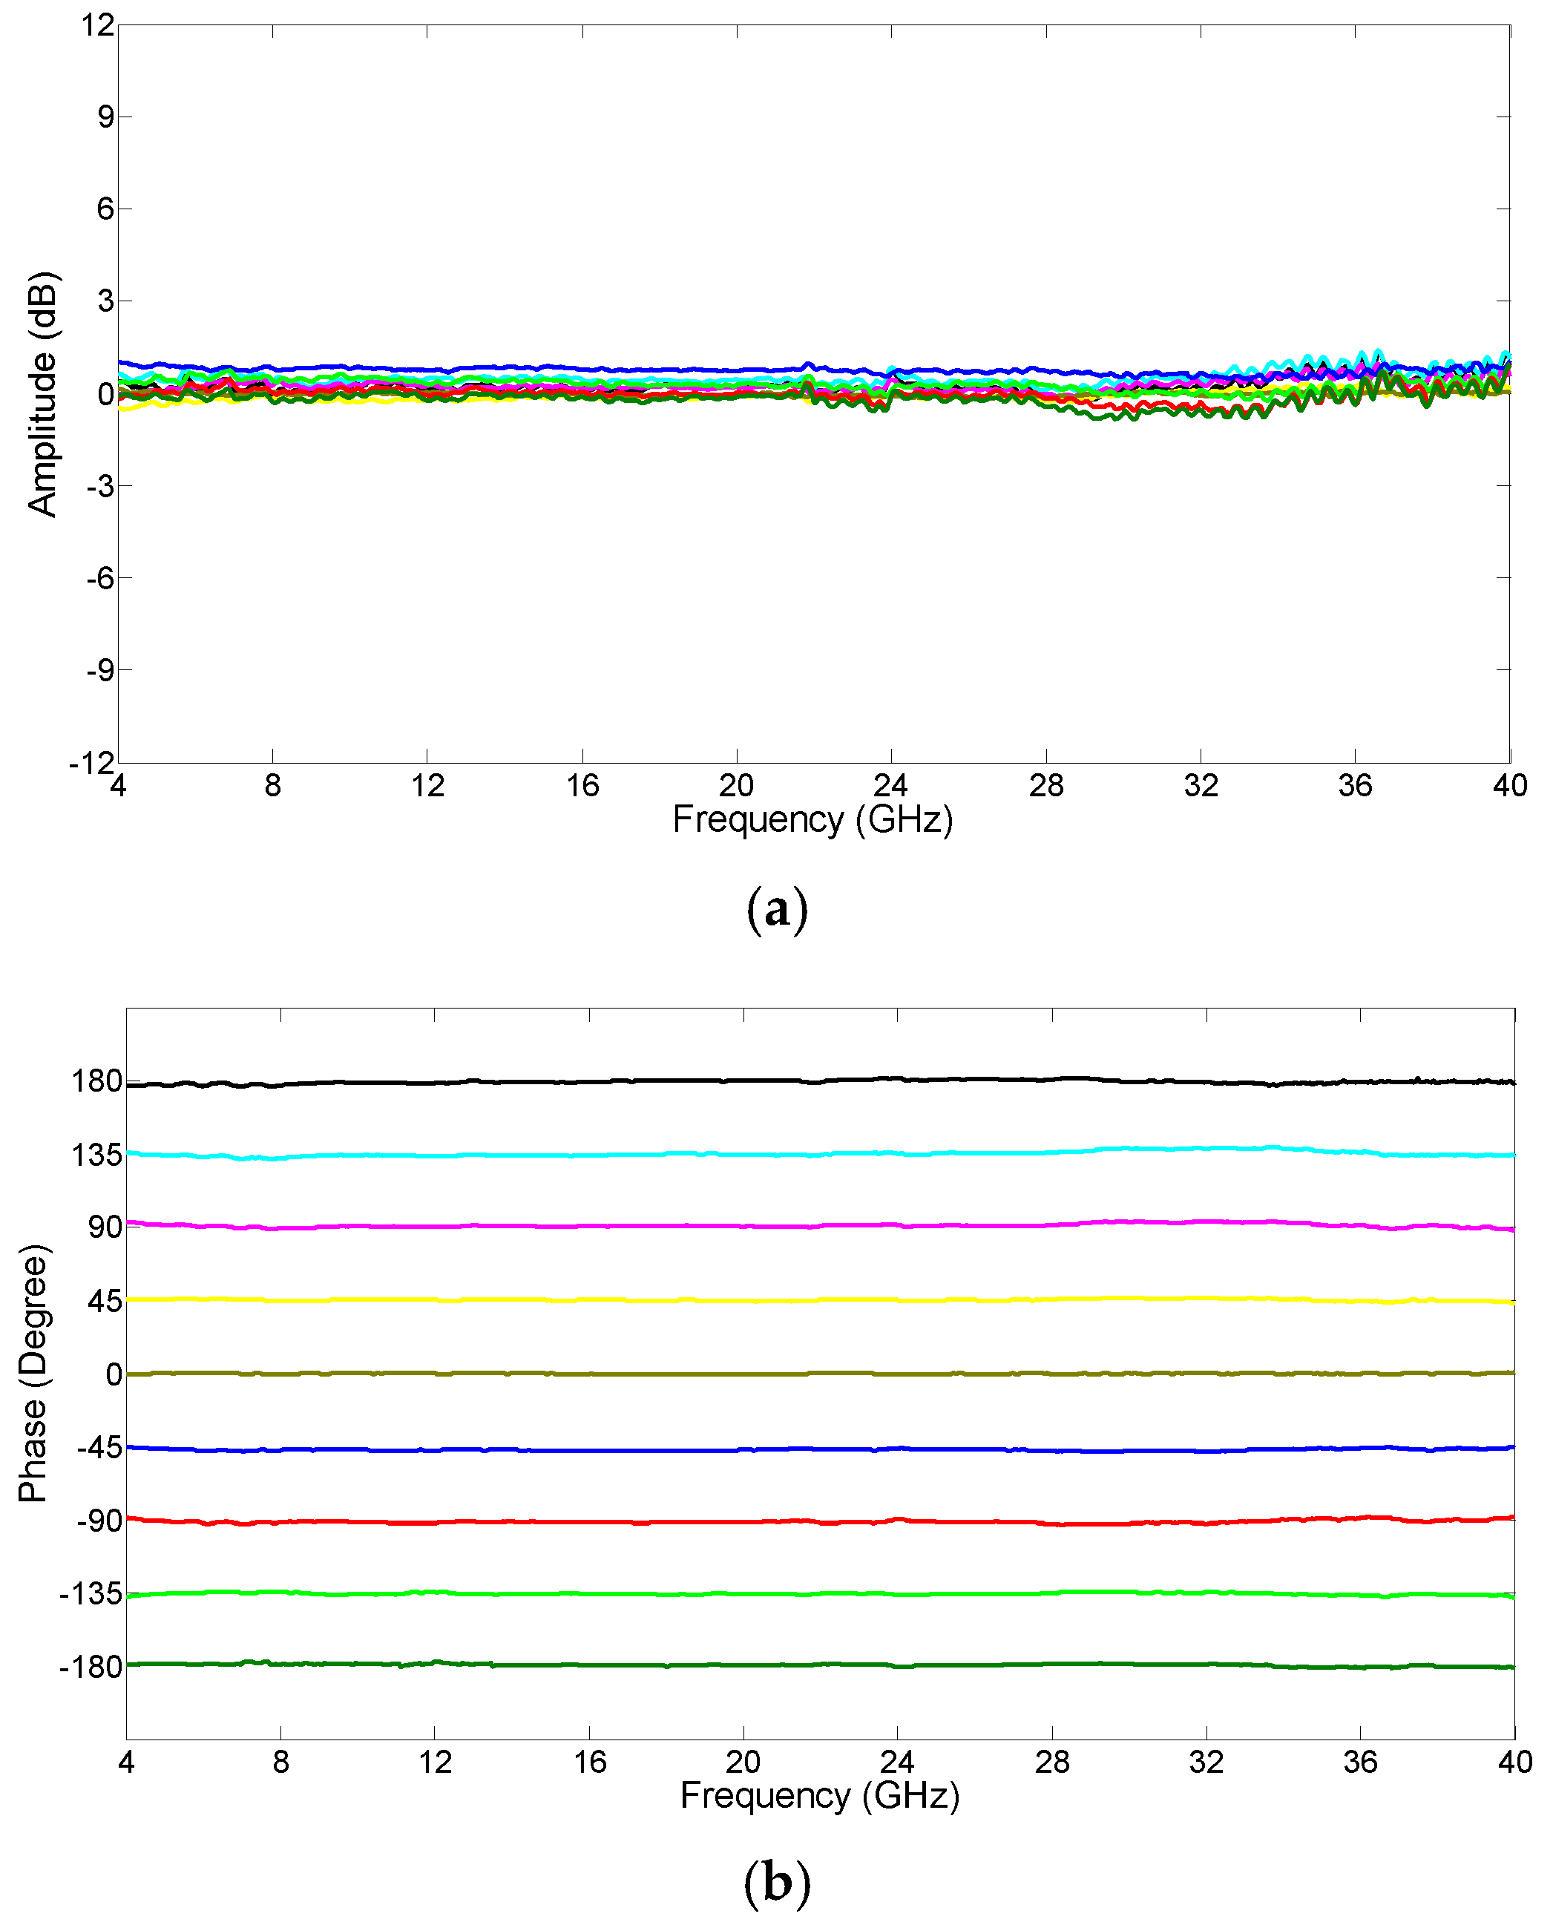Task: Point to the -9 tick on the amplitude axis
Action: (x=100, y=670)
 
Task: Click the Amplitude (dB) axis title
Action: (x=43, y=393)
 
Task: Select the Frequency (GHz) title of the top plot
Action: (x=812, y=819)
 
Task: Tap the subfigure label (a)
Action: (x=775, y=910)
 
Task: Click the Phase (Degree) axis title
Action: (x=34, y=1374)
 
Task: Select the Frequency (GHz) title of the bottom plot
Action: (x=819, y=1796)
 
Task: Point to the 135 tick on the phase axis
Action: (x=96, y=1155)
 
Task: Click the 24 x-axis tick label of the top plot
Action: (x=890, y=785)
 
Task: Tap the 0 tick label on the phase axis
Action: (x=114, y=1374)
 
